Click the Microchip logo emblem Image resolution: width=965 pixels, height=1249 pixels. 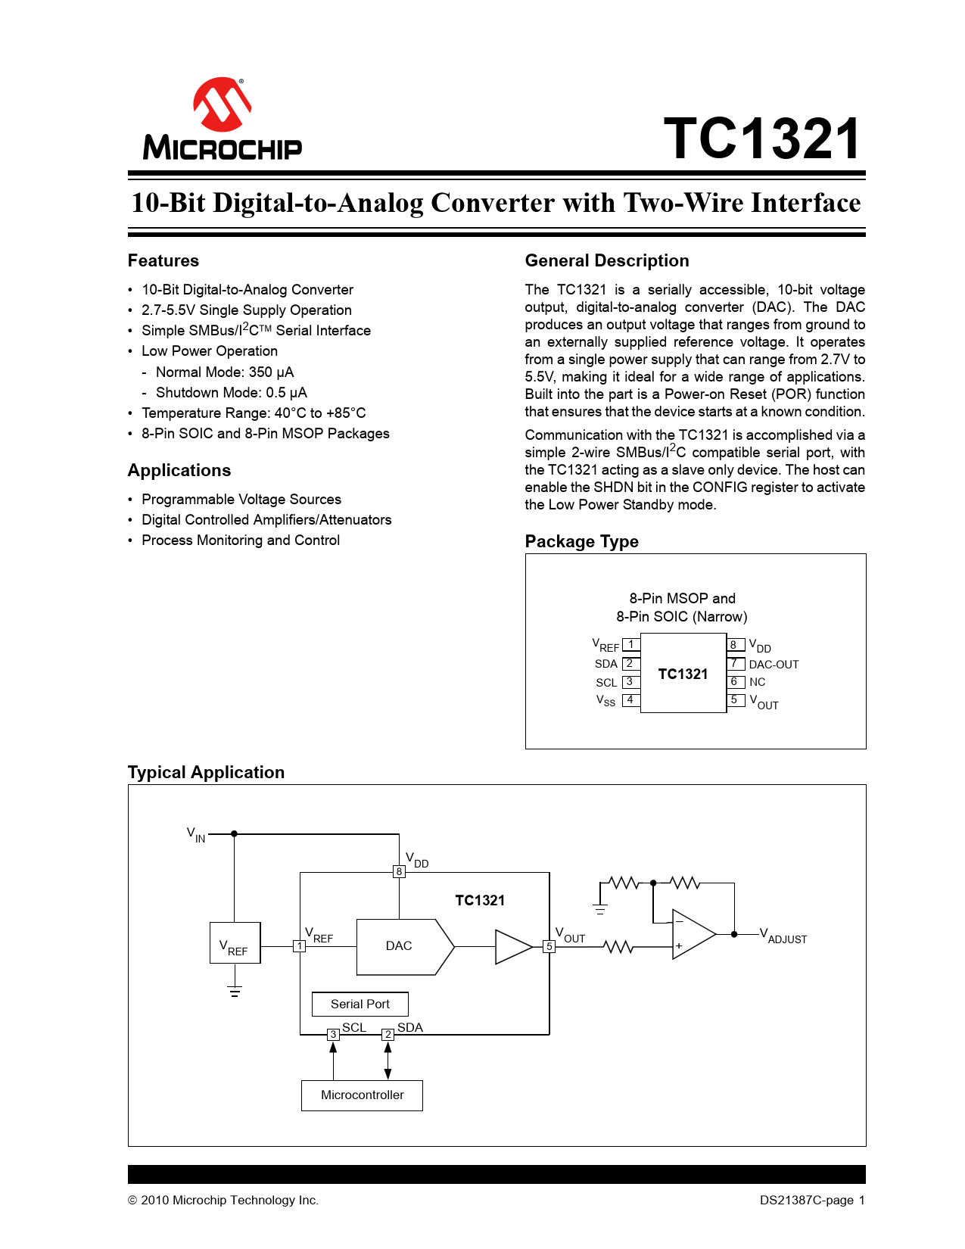tap(222, 104)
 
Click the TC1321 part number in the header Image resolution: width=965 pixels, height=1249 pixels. tap(762, 139)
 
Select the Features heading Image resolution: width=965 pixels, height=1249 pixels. tap(163, 261)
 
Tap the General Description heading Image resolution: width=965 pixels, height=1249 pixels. tap(606, 261)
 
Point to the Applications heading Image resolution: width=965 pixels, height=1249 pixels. tap(179, 471)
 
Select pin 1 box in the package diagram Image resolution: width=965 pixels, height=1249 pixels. tap(631, 645)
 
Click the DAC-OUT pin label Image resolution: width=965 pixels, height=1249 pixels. tap(774, 665)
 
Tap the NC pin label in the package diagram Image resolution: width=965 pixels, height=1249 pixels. tap(757, 682)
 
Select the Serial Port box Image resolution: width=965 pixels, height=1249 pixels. tap(360, 1004)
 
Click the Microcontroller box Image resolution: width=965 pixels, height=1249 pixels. tap(362, 1095)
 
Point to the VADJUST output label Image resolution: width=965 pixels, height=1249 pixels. tap(783, 936)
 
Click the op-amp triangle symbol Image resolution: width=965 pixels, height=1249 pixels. tap(691, 934)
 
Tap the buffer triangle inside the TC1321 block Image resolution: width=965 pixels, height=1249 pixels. tap(512, 947)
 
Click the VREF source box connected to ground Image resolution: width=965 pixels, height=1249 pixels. tap(235, 943)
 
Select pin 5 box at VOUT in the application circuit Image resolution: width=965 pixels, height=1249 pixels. tap(549, 947)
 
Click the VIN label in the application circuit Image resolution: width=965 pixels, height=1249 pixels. tap(196, 835)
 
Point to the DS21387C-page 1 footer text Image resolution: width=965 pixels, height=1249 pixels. tap(812, 1201)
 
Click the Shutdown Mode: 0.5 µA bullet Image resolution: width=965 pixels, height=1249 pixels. tap(231, 393)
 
